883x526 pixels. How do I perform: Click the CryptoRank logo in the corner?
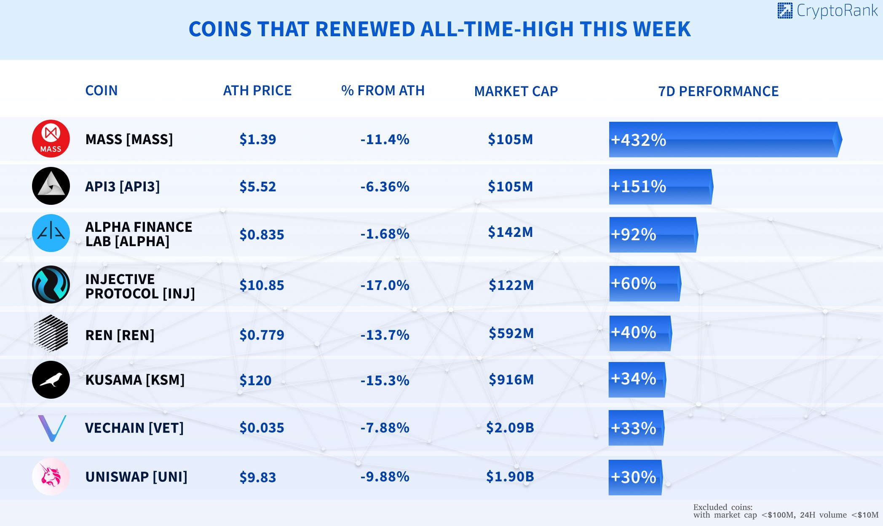tap(827, 11)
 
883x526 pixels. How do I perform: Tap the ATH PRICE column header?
tap(257, 91)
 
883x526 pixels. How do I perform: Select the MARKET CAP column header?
tap(516, 91)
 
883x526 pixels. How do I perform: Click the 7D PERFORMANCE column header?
tap(718, 91)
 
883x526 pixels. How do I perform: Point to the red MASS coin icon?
tap(51, 139)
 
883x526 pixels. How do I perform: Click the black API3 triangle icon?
tap(51, 186)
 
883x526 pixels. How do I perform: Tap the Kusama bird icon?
tap(51, 380)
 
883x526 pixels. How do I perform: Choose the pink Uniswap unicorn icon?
tap(51, 477)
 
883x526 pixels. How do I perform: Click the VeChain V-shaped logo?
tap(52, 428)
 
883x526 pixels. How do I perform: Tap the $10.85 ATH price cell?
tap(262, 285)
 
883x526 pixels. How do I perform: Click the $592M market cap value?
tap(511, 333)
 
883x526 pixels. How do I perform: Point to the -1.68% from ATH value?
tap(385, 234)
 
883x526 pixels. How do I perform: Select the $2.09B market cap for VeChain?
tap(510, 428)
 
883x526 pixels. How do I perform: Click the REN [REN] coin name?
tap(120, 335)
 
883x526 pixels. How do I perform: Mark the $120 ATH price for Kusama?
tap(255, 381)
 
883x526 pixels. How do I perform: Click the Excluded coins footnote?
tap(785, 511)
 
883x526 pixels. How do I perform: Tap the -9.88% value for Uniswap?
tap(385, 477)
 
